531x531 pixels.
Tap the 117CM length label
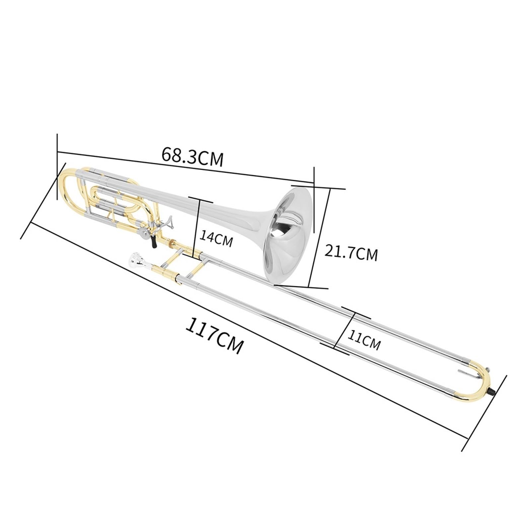214,336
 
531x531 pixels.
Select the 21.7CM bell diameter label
351,253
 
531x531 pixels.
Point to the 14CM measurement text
216,240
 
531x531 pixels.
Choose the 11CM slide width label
364,339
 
